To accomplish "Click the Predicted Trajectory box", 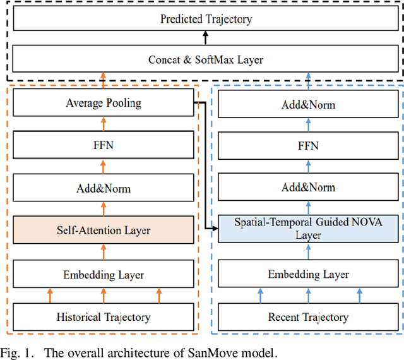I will [206, 18].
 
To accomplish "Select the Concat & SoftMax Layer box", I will [206, 60].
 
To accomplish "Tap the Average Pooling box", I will [104, 103].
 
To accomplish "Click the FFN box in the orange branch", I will [104, 145].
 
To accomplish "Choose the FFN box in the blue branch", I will [309, 146].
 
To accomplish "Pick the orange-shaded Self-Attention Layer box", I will [104, 231].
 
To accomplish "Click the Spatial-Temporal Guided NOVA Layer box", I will [309, 229].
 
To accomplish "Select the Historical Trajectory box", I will [104, 316].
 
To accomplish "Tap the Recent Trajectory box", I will [309, 316].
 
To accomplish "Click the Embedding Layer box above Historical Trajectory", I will [104, 274].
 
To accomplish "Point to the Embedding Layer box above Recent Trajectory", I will [309, 274].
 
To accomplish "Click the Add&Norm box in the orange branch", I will [104, 188].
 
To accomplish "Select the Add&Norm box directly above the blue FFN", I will [309, 105].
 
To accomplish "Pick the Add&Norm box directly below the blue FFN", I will [309, 188].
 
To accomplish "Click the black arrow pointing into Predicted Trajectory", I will [206, 39].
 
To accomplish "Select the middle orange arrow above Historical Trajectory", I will [104, 295].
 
